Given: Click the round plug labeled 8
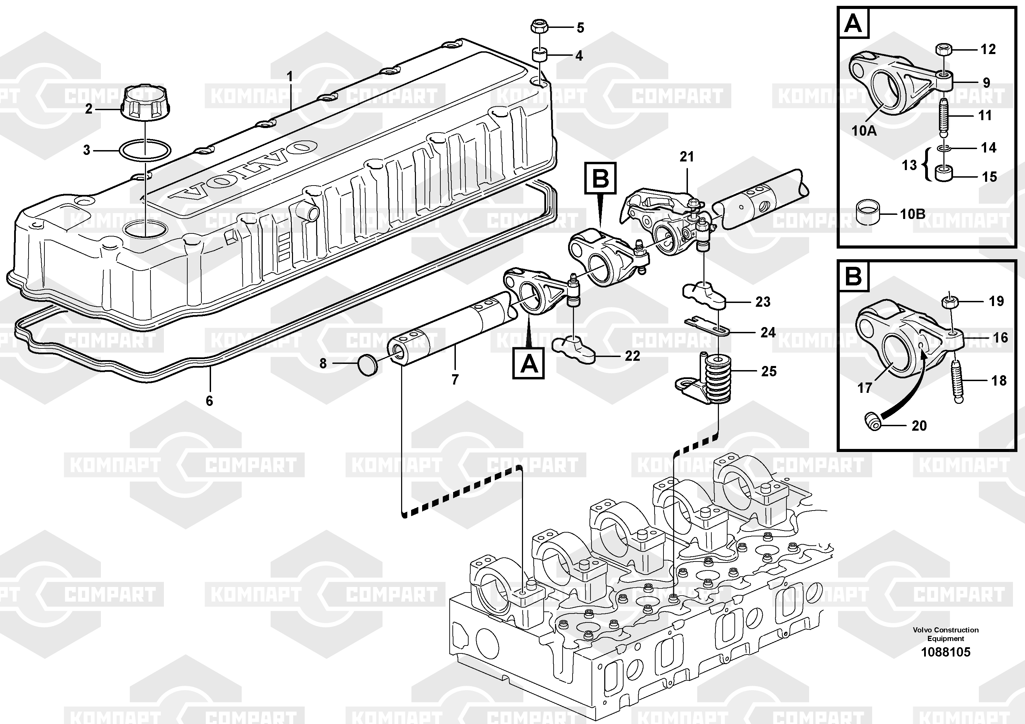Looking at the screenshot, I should point(368,365).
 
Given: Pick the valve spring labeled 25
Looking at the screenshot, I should point(718,379).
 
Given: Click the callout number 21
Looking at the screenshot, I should point(687,157).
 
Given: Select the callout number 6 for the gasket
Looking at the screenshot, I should point(209,400).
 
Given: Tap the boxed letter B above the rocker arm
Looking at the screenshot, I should point(600,179).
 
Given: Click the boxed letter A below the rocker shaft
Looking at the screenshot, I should point(529,364).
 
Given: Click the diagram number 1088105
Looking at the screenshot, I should point(945,652).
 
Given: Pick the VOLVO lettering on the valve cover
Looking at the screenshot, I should point(245,172).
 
